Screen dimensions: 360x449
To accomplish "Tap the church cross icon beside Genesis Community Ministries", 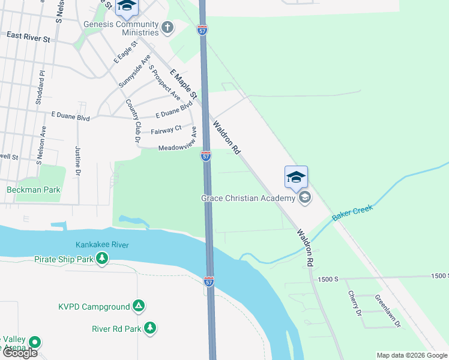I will pyautogui.click(x=167, y=27).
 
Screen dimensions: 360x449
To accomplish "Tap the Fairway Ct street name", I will pyautogui.click(x=166, y=129).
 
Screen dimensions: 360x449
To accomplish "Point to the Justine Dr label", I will pyautogui.click(x=78, y=160).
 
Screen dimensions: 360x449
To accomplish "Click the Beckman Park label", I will pyautogui.click(x=34, y=190).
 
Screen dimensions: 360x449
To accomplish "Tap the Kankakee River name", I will pyautogui.click(x=102, y=245).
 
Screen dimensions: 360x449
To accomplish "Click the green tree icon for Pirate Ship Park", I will pyautogui.click(x=103, y=259).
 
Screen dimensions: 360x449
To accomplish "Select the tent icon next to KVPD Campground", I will pyautogui.click(x=139, y=307).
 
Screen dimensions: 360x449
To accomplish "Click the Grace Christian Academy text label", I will pyautogui.click(x=249, y=197).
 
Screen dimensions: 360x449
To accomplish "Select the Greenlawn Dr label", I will pyautogui.click(x=387, y=311).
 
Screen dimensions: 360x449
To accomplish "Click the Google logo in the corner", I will pyautogui.click(x=20, y=353).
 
